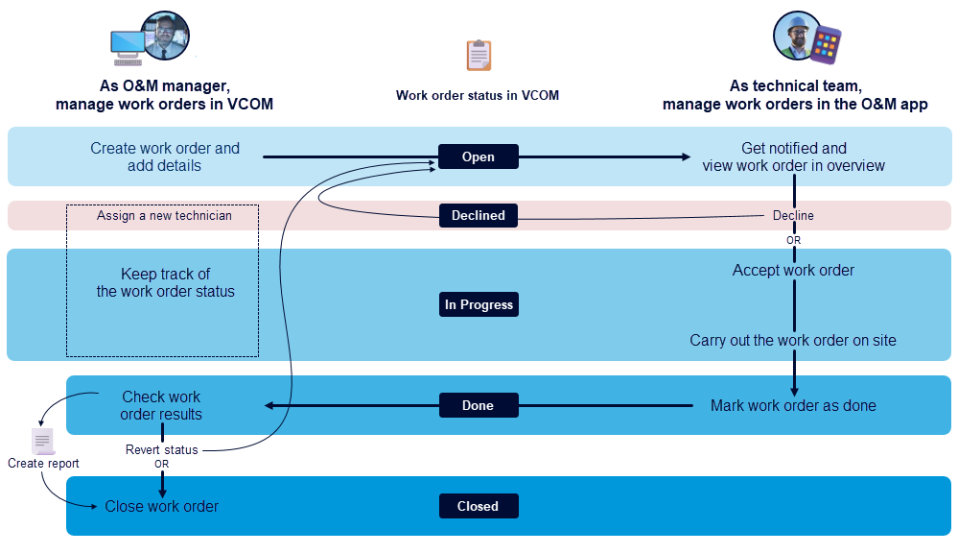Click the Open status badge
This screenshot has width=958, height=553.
click(479, 156)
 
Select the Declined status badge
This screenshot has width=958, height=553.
click(479, 215)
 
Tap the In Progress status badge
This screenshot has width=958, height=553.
click(479, 304)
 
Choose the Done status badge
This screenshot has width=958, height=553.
click(479, 405)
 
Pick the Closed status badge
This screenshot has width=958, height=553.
click(479, 506)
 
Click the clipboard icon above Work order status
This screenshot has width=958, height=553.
click(479, 56)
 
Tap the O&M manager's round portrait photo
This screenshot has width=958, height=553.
click(165, 36)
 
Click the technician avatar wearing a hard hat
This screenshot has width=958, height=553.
click(795, 35)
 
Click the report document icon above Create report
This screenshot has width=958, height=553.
click(42, 442)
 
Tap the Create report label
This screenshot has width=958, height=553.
click(43, 464)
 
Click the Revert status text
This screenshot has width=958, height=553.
click(162, 449)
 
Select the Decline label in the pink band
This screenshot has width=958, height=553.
click(793, 215)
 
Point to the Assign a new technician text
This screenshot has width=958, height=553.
click(164, 216)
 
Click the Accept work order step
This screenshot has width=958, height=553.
click(793, 271)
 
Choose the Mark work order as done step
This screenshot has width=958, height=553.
click(793, 405)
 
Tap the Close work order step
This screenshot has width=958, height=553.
click(162, 506)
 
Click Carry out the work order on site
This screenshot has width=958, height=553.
click(793, 341)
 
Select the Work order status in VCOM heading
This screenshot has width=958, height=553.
click(478, 95)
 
